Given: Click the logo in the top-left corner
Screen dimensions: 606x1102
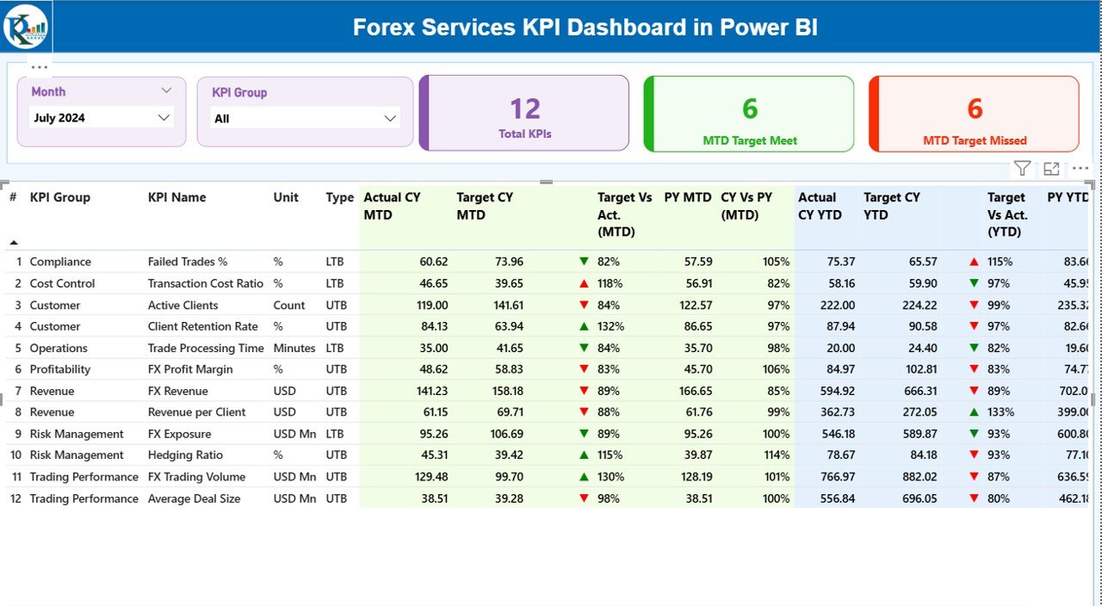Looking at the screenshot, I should pos(26,26).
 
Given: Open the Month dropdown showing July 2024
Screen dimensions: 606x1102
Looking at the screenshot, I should pos(102,118).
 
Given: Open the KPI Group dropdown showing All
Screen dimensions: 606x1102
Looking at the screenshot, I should pos(305,119).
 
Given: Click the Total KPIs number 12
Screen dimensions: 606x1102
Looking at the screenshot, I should pos(525,108).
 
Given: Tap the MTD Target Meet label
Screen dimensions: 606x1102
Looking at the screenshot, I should pos(750,140).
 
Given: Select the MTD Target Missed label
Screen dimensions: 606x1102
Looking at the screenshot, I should pos(975,140).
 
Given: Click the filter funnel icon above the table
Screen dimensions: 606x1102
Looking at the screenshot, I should pos(1022,169).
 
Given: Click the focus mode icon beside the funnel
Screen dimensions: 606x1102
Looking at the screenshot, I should pos(1051,169).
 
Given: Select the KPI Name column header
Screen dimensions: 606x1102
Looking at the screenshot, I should pos(176,197).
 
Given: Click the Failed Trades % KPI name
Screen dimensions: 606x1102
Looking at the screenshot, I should pos(187,262).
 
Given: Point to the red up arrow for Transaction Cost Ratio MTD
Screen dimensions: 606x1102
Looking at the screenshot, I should pos(584,283).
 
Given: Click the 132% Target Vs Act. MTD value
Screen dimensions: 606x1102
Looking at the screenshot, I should pos(610,326).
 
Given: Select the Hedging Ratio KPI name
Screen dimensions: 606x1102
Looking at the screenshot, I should pos(185,455).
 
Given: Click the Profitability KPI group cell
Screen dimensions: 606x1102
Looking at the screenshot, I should pos(59,369).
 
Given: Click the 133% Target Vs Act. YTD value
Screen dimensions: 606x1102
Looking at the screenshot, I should pos(1000,412).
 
